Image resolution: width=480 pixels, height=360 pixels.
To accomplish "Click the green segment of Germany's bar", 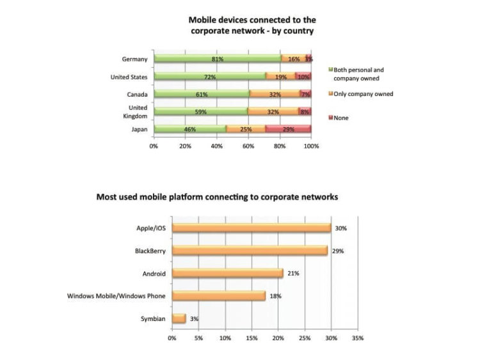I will [x=218, y=59].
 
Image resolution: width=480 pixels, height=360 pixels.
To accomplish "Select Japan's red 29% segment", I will [x=288, y=129].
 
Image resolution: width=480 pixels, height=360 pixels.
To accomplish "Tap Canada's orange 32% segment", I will [x=274, y=94].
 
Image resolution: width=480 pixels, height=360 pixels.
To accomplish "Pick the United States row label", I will [x=129, y=77].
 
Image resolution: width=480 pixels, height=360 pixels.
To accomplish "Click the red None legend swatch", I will [x=331, y=118].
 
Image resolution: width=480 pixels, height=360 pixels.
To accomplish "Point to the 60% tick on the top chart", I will [x=248, y=146].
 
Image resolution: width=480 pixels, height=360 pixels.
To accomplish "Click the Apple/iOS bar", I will [x=252, y=228].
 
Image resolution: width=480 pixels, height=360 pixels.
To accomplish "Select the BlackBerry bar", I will [x=250, y=251].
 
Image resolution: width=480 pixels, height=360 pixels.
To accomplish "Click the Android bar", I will [x=228, y=273].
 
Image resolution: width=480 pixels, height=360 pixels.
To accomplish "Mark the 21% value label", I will [x=293, y=273].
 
